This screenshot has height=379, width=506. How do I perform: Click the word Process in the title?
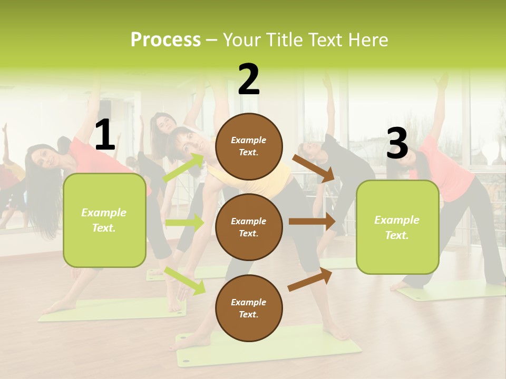pos(166,39)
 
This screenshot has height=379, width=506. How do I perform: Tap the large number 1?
pos(105,135)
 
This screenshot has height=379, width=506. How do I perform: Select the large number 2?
pos(249,79)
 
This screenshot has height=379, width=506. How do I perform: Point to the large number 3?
pos(397,143)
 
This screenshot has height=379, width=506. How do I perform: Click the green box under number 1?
pos(104,220)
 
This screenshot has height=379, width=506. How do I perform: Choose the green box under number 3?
pos(397,227)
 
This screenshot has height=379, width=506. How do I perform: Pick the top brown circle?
pos(249,146)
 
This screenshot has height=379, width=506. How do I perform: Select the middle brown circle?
pos(249,227)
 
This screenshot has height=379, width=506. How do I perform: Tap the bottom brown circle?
pos(249,308)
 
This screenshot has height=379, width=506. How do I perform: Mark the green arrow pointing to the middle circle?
pos(184,223)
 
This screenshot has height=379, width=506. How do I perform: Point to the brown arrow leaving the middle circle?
pos(312,221)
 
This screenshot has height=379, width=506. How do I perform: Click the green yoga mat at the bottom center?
pos(269,348)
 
